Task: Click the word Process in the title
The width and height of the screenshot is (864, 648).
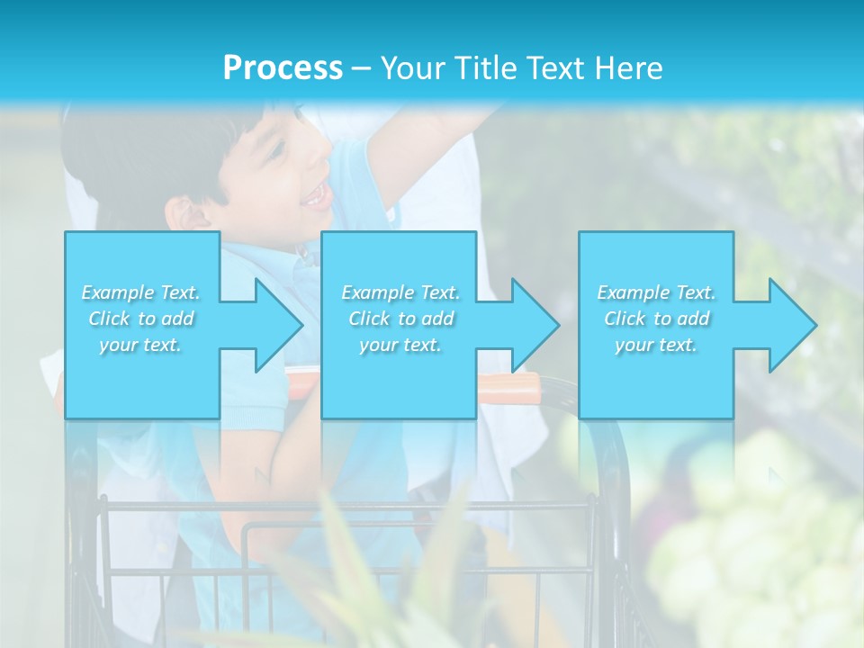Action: point(283,68)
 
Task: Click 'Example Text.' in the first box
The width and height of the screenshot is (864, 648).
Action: point(141,292)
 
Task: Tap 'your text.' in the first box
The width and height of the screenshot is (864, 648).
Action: point(141,345)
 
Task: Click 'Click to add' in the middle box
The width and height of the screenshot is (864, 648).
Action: point(400,319)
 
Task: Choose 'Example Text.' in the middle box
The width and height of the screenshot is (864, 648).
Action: point(400,292)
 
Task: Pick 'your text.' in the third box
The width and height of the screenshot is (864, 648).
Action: point(656,345)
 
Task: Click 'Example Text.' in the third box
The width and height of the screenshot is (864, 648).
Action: point(656,292)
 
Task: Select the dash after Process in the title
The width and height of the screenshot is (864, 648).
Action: point(361,68)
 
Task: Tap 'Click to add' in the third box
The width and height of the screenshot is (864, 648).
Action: point(656,319)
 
